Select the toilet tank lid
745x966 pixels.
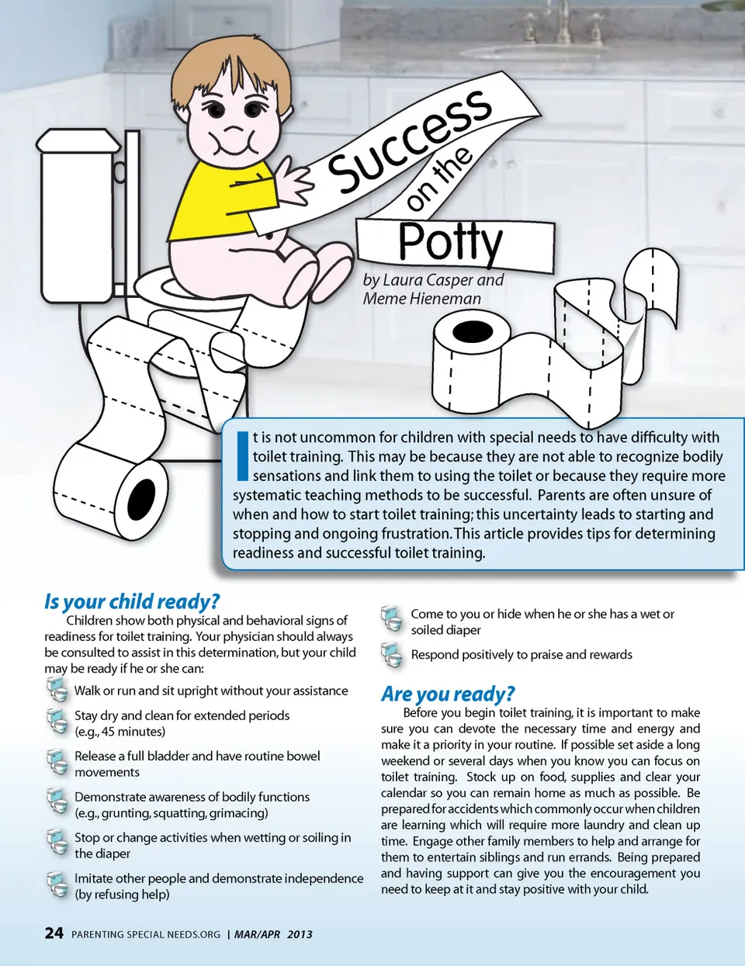tap(78, 140)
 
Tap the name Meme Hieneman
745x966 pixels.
tap(422, 298)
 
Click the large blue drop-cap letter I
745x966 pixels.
tap(243, 455)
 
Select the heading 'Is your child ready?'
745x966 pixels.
tap(132, 601)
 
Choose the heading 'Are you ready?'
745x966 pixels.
tap(448, 694)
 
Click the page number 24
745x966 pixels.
tap(54, 933)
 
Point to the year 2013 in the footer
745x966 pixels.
tap(300, 934)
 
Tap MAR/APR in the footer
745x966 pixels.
tap(257, 934)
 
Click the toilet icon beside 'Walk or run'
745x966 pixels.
tap(57, 690)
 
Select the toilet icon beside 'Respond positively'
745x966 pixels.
tap(392, 656)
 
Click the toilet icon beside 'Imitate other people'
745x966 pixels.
tap(57, 885)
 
